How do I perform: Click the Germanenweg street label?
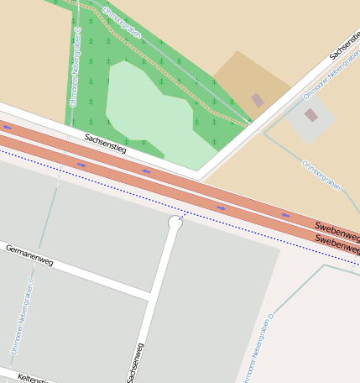click(x=29, y=255)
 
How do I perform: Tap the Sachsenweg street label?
click(x=135, y=362)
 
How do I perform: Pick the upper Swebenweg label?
click(x=336, y=228)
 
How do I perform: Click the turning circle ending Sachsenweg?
click(x=175, y=223)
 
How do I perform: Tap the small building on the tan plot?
click(x=258, y=100)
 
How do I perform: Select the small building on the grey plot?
click(x=311, y=115)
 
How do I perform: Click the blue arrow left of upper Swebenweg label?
click(x=284, y=216)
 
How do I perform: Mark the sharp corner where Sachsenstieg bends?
click(x=200, y=176)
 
